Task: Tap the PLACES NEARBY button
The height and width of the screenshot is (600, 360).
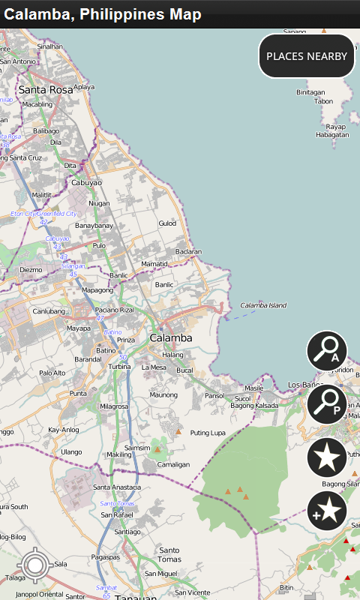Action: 307,56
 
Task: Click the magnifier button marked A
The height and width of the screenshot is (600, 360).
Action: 327,350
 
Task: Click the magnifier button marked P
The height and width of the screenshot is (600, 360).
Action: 327,404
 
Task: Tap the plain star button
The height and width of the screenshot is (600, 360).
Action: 327,458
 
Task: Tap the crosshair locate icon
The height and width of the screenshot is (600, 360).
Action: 35,566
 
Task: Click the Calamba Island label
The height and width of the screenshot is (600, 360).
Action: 263,305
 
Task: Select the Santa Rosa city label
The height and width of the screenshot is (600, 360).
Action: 46,89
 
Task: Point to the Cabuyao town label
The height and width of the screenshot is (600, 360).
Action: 86,183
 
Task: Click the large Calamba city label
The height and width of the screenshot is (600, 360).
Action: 171,338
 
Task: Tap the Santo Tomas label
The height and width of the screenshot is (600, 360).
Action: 169,555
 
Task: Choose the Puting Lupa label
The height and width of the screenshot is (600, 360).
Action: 208,433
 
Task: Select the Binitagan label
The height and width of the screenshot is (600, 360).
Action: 310,92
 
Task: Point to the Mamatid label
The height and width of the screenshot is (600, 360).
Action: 154,264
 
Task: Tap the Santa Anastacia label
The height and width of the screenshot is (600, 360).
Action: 116,487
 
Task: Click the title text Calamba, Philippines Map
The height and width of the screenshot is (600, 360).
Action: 103,14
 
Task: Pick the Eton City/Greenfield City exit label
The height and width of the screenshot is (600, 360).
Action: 43,214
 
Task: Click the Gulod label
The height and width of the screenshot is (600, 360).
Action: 167,223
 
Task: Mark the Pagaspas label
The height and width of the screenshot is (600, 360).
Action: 106,557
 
